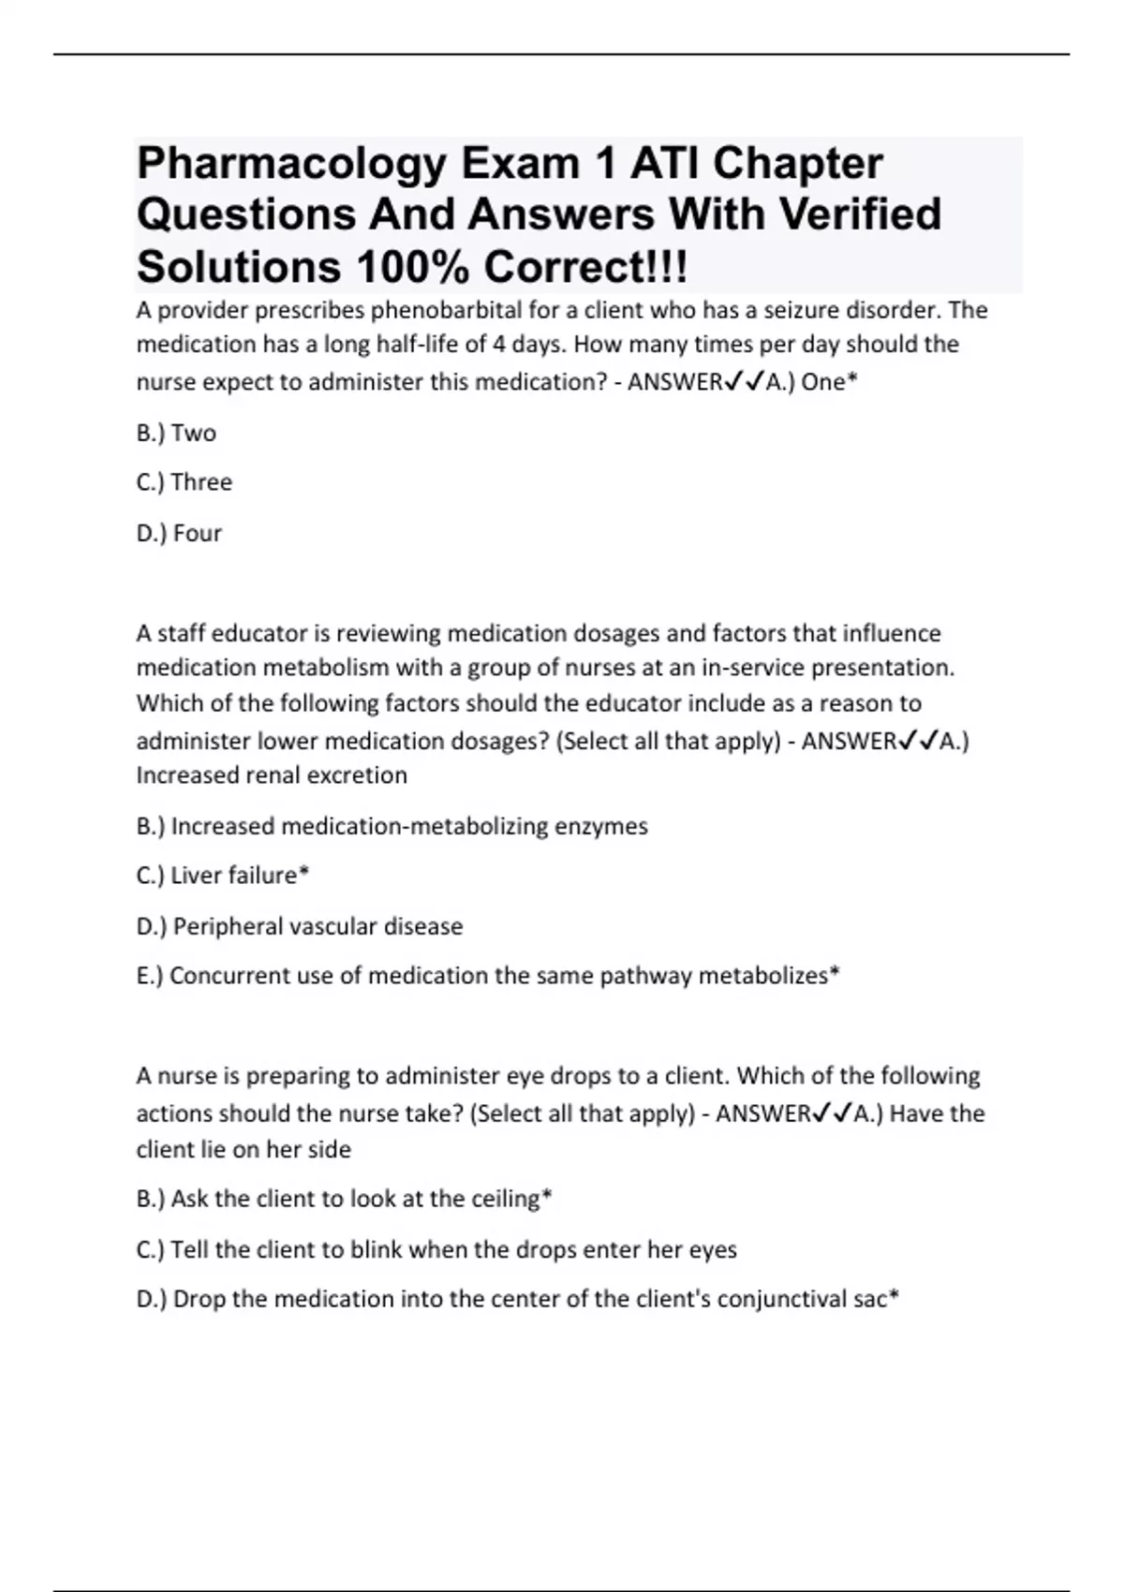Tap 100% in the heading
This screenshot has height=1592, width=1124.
pos(412,268)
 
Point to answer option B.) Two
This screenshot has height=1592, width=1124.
pos(176,433)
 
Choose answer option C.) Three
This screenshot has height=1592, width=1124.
pos(184,482)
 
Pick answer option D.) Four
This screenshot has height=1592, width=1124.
pos(179,533)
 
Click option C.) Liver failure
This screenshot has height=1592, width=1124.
pos(221,876)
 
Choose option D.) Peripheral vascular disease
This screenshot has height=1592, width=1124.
pos(299,926)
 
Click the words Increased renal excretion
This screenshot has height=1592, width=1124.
pos(272,775)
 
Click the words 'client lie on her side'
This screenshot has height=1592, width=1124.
pos(244,1149)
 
